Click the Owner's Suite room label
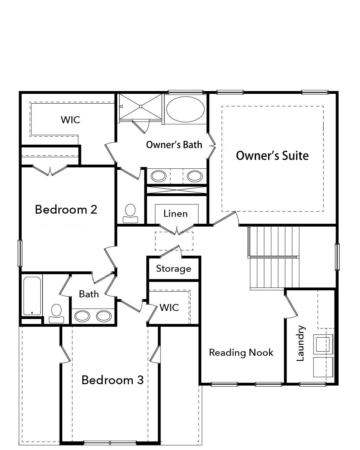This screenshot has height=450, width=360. click(x=272, y=156)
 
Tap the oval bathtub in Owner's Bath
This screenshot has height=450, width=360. click(x=185, y=109)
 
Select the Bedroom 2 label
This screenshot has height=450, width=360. click(x=66, y=209)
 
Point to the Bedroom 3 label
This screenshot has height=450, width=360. click(x=112, y=380)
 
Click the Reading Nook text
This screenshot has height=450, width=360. click(x=241, y=353)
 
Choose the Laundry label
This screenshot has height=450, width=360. click(x=300, y=343)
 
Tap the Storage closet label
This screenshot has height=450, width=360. click(x=174, y=269)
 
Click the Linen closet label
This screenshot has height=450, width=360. click(x=175, y=214)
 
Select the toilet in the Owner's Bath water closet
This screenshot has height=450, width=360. click(x=130, y=214)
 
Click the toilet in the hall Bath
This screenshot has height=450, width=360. click(x=56, y=314)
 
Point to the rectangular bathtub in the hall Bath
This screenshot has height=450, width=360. click(x=32, y=296)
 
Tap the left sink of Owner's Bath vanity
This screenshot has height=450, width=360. click(x=159, y=176)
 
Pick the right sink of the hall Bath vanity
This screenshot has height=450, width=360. click(x=104, y=316)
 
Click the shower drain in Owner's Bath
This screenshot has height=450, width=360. click(x=140, y=106)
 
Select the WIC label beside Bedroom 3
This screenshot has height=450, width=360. click(x=169, y=307)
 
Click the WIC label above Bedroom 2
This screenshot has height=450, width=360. click(x=70, y=120)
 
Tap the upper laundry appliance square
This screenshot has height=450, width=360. click(x=323, y=344)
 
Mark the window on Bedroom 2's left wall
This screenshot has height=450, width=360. click(x=20, y=253)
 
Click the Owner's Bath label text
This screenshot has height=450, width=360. click(x=174, y=145)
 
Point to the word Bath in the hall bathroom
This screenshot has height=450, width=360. click(x=89, y=294)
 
